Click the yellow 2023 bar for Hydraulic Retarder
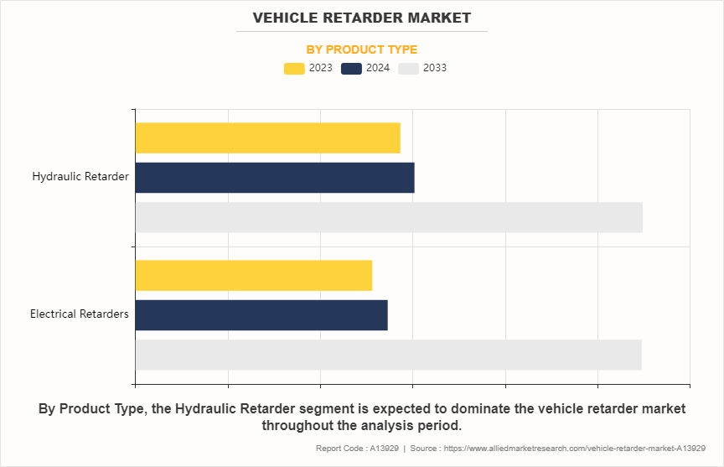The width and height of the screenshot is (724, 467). point(267,138)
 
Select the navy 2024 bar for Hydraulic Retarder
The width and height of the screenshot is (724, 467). point(274,178)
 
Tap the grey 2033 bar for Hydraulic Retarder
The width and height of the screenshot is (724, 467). point(389,217)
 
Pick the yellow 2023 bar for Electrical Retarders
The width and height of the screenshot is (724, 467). point(253,276)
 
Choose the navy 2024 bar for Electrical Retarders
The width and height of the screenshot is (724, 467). point(261,315)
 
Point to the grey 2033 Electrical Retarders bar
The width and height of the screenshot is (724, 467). point(388,355)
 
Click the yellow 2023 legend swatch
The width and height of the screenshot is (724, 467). point(294,68)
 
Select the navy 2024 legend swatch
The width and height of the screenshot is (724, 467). point(352,68)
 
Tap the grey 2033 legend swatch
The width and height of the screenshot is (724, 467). point(408,68)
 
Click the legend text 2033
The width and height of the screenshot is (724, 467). point(435,68)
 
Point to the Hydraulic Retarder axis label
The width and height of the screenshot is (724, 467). point(80,177)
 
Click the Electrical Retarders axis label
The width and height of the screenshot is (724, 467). point(80,314)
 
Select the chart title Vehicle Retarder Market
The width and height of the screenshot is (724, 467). point(362,18)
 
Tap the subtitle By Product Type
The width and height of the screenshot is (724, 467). point(362,49)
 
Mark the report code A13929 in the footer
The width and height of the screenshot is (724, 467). point(382,449)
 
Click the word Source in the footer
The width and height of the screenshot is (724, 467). point(426,449)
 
